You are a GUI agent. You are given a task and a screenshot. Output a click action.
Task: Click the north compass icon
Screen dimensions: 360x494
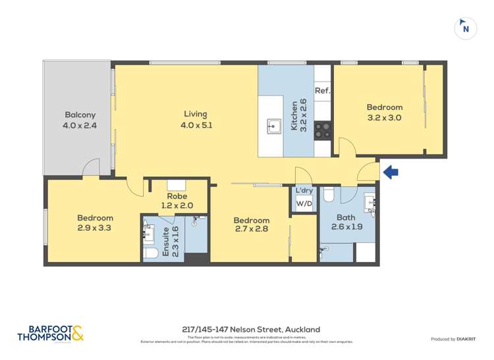(x=466, y=28)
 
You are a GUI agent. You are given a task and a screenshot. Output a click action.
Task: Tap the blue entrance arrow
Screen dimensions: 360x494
(x=391, y=172)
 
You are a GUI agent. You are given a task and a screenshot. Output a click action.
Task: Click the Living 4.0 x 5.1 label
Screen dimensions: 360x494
(x=196, y=119)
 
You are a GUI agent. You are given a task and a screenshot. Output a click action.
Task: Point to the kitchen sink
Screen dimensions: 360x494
(x=275, y=126)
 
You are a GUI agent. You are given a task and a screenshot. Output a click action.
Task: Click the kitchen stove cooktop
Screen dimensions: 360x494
(x=322, y=130)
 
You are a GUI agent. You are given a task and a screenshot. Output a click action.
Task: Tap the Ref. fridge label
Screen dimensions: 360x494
(x=322, y=91)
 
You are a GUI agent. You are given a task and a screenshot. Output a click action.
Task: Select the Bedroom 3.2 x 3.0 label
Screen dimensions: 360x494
(x=384, y=113)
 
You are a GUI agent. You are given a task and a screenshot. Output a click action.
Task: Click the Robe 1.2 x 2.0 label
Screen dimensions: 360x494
(x=177, y=201)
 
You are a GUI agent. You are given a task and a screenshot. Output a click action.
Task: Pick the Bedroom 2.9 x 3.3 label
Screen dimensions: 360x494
(x=95, y=223)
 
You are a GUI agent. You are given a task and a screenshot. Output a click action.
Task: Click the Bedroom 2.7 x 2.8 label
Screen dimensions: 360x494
(x=251, y=225)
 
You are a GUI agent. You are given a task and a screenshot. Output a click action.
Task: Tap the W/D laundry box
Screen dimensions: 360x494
(x=304, y=204)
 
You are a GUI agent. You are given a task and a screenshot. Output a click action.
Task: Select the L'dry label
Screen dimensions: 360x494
(x=304, y=191)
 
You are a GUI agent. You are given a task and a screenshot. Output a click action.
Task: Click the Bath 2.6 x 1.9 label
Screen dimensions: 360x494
(x=346, y=222)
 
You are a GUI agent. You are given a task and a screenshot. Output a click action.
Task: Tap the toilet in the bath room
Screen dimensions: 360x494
(x=330, y=193)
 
